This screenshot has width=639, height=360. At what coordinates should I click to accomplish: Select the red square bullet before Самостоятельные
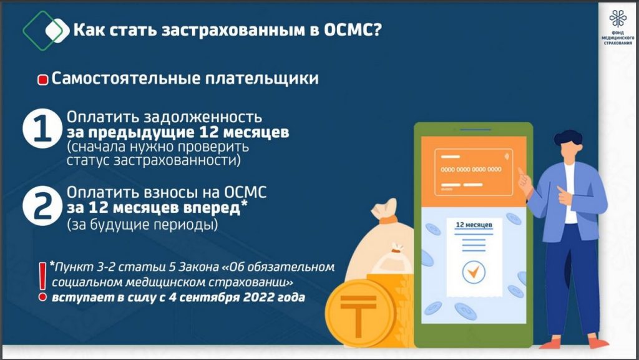click(x=43, y=80)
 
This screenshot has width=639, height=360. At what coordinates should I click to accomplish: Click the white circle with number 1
click(x=42, y=129)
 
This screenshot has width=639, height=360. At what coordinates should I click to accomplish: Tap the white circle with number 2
click(x=42, y=206)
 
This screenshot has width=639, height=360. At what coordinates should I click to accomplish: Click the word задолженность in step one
click(x=203, y=117)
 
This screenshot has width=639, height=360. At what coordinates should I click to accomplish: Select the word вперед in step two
click(x=212, y=208)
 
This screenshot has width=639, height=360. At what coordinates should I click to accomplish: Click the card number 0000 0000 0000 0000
click(x=472, y=170)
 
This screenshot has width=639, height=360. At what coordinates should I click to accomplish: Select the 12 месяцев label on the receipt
click(x=474, y=225)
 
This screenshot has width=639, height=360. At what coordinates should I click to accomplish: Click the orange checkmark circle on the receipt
click(x=474, y=272)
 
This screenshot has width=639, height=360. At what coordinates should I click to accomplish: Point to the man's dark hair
click(x=568, y=138)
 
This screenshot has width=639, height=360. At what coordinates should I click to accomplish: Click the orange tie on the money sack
click(x=388, y=220)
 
